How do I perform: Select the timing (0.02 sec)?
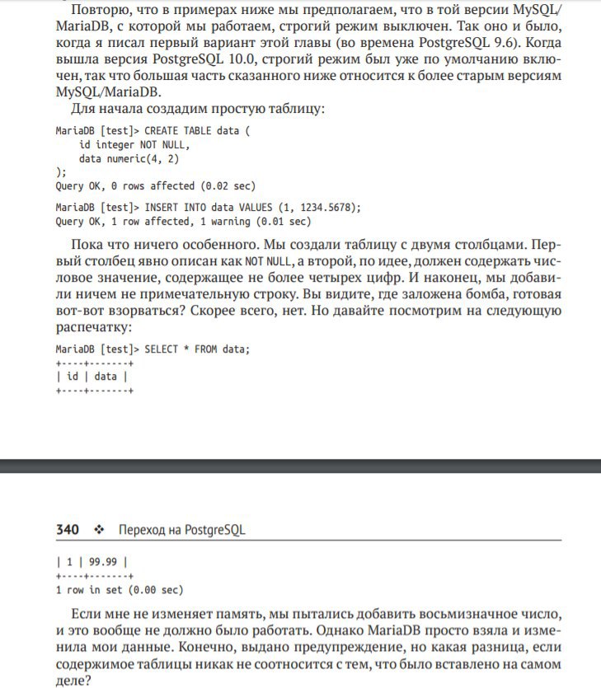pos(225,186)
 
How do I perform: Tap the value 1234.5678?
pos(322,208)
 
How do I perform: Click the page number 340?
pos(68,530)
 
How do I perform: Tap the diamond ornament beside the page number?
pos(99,530)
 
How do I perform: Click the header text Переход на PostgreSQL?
pos(181,530)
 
